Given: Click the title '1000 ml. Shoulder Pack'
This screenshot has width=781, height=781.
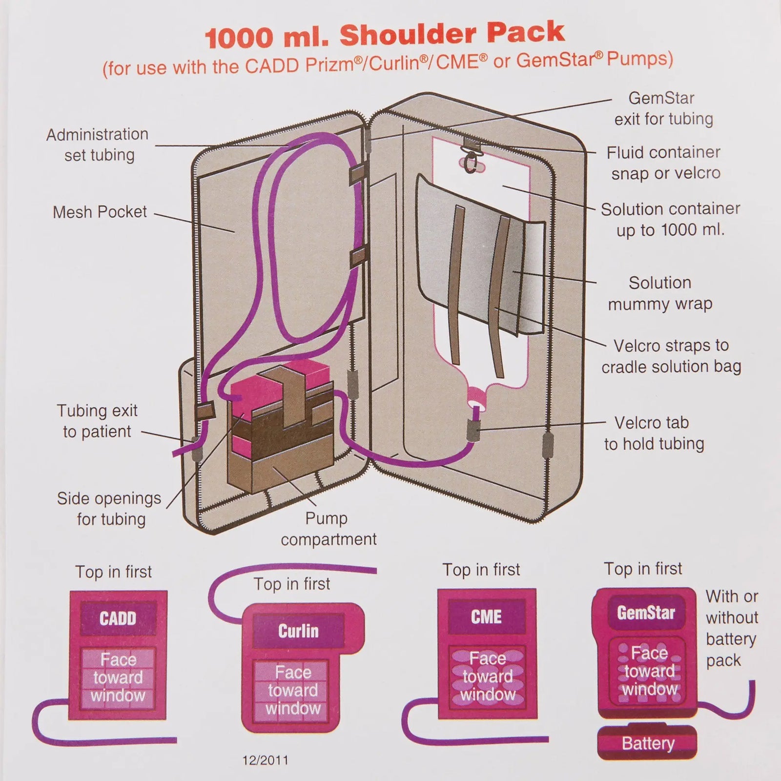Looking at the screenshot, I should (385, 35).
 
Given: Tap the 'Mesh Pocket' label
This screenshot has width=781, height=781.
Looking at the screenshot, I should (100, 212).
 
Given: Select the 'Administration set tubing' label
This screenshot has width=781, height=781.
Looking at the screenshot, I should (98, 144).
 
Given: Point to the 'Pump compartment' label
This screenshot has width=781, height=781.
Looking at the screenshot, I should (328, 529).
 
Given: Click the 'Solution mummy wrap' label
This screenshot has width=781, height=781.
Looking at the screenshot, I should (660, 293).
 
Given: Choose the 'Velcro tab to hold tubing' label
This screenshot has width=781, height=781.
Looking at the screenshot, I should (654, 433).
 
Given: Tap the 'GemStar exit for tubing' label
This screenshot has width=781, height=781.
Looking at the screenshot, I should (663, 108).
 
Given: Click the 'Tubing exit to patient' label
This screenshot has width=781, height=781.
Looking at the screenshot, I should (97, 421).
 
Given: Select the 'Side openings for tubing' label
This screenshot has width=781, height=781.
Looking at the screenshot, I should (109, 509).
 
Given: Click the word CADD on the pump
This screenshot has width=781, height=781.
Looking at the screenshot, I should (118, 619).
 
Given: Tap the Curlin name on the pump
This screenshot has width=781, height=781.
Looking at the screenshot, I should (298, 631).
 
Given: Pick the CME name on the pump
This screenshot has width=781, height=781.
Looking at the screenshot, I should (486, 617).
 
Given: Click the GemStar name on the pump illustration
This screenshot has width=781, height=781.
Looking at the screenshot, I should (646, 613).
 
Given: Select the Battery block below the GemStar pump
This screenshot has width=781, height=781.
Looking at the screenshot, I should (647, 743).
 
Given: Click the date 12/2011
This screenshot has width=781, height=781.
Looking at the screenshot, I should (265, 760).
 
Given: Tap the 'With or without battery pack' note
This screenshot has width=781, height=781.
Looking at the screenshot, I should (731, 628).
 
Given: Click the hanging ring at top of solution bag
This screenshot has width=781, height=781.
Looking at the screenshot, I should (470, 164).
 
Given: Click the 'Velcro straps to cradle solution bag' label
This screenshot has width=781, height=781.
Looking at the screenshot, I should (671, 356).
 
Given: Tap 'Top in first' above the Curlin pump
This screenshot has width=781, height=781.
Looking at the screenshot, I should (291, 584).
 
